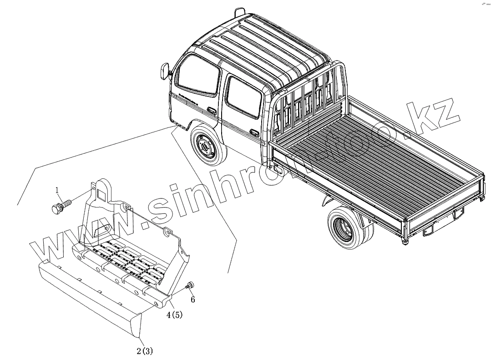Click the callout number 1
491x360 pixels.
tap(57, 189)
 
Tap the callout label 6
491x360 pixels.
tap(192, 299)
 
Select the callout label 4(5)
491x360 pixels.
tap(174, 315)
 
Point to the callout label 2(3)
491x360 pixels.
tap(144, 351)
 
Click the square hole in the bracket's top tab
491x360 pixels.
tap(103, 193)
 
